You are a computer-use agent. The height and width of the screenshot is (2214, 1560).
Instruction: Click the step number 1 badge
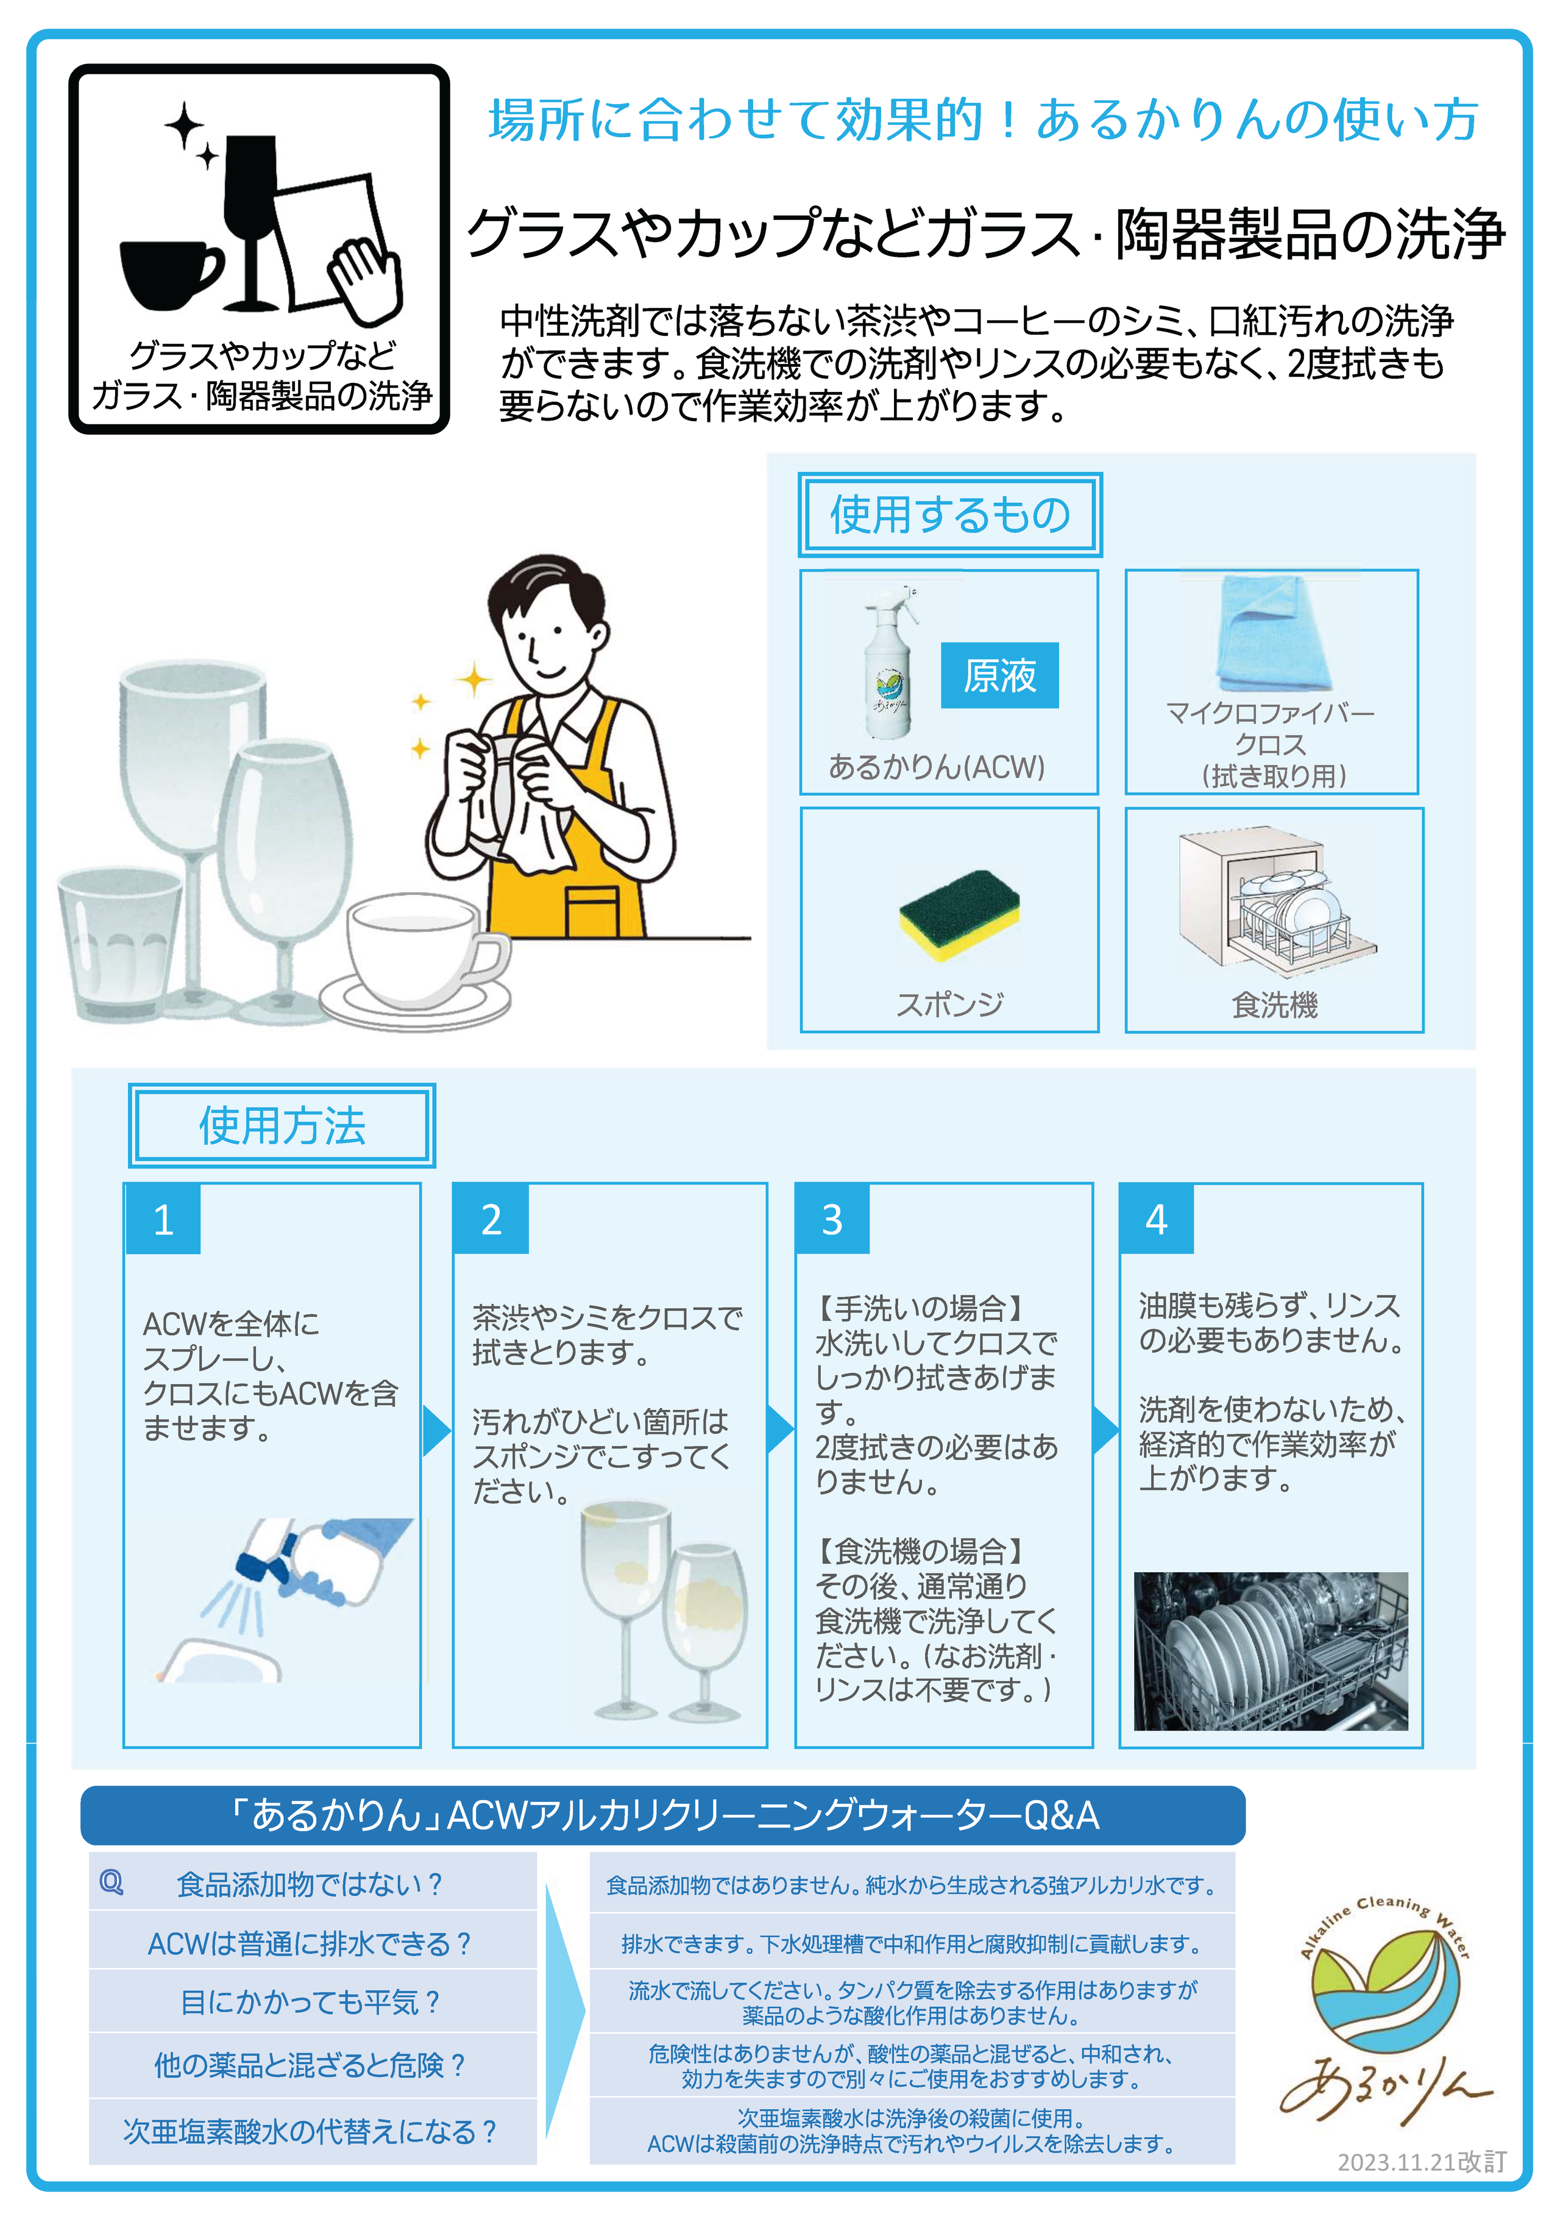click(163, 1219)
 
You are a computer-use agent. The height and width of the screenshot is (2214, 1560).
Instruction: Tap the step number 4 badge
click(1156, 1219)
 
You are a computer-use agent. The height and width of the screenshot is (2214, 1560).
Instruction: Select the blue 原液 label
click(1000, 675)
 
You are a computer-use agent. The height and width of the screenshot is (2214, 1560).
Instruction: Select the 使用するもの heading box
click(949, 514)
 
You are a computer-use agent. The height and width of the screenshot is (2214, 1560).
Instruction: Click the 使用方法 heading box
click(282, 1125)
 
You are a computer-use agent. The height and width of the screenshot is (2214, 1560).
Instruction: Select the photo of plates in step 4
click(1271, 1651)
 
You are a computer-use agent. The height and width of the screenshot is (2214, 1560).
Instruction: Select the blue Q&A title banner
click(664, 1815)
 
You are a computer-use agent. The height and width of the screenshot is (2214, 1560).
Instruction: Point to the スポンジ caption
click(949, 1005)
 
